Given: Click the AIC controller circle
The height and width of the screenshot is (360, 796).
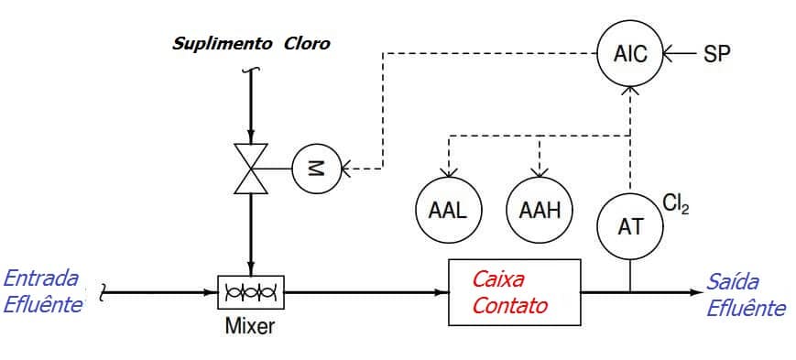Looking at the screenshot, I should pyautogui.click(x=629, y=54).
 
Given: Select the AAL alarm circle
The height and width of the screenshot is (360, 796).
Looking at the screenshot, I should pyautogui.click(x=447, y=209).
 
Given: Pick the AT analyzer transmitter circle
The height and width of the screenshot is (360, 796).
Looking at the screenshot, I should pyautogui.click(x=629, y=225).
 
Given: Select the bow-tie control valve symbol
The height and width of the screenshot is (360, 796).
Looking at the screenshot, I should pyautogui.click(x=250, y=168).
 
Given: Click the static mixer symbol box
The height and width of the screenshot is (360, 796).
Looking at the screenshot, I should pyautogui.click(x=250, y=293).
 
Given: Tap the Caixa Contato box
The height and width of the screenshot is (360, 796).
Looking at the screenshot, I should pyautogui.click(x=514, y=292).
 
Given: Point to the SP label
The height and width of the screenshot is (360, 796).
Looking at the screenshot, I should pyautogui.click(x=717, y=54).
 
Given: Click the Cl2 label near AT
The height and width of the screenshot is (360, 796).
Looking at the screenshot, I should pyautogui.click(x=676, y=203).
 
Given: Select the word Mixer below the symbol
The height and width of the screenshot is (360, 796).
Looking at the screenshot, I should pyautogui.click(x=250, y=326).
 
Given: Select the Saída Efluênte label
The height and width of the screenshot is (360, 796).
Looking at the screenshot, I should pyautogui.click(x=744, y=295).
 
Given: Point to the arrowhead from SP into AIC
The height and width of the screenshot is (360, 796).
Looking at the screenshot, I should pyautogui.click(x=669, y=54).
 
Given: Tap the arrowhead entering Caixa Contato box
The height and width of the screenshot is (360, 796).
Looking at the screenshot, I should pyautogui.click(x=441, y=293).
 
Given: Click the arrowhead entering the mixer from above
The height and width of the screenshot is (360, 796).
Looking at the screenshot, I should pyautogui.click(x=250, y=268).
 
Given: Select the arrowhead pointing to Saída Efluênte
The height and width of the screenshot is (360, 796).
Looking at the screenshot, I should pyautogui.click(x=694, y=293).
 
